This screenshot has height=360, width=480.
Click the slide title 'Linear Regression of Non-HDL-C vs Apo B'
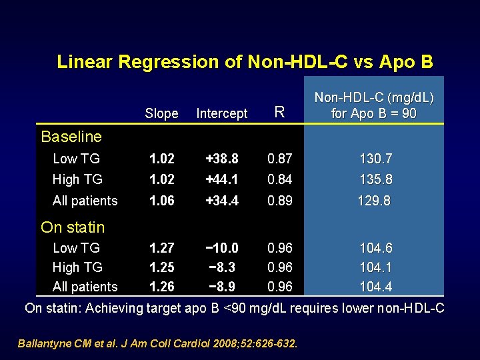[x=245, y=62]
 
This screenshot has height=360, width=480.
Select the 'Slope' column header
[x=161, y=113]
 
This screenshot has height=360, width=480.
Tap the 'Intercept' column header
[x=222, y=113]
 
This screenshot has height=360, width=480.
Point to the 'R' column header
[x=280, y=113]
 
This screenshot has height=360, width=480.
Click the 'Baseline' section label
[x=71, y=137]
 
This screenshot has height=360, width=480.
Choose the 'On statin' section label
[x=73, y=227]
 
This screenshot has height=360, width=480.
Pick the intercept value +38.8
[x=222, y=159]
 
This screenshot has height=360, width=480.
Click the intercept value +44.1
[x=222, y=179]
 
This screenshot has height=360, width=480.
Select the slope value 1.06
[x=162, y=201]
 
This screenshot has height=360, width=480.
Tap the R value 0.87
[x=280, y=159]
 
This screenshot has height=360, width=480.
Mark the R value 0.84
[x=280, y=179]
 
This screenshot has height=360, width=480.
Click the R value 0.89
[x=280, y=201]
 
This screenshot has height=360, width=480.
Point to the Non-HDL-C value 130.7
[x=375, y=159]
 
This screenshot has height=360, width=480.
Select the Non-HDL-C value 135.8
[x=375, y=179]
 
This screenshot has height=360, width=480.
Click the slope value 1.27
[x=162, y=248]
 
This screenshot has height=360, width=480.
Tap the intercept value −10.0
[x=222, y=248]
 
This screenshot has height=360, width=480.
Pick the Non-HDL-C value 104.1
[x=375, y=267]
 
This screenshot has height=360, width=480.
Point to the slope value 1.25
[x=162, y=267]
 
